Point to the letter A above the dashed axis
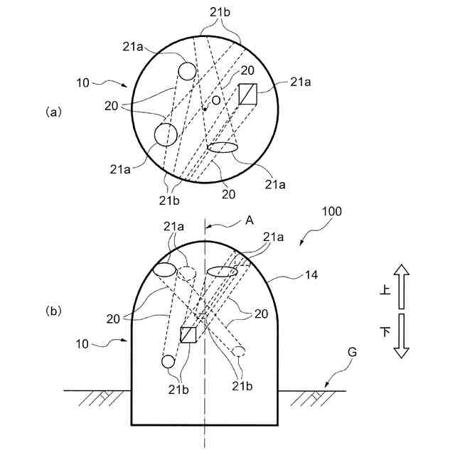(250, 221)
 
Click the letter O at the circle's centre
(216, 100)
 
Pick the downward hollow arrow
(402, 336)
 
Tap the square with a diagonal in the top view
(247, 94)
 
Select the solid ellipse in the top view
(223, 147)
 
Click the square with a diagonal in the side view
(188, 334)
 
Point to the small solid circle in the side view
(168, 362)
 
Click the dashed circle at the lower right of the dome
(239, 350)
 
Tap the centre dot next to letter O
(205, 108)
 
